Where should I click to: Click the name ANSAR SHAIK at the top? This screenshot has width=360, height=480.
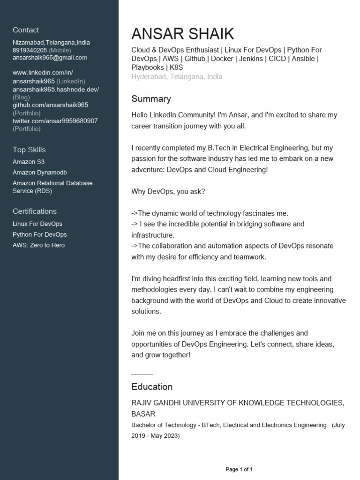182,34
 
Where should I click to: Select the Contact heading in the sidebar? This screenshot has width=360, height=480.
26,30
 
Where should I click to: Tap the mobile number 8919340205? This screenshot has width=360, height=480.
30,50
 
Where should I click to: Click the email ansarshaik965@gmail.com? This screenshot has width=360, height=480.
50,58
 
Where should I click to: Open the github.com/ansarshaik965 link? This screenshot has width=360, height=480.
50,105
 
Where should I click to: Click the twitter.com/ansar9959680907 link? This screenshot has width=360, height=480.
55,121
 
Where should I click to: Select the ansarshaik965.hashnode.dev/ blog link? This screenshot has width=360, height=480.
55,89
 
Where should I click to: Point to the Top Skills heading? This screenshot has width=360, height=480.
29,150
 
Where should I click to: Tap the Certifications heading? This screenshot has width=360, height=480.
34,211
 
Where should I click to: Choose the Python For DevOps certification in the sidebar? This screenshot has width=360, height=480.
39,234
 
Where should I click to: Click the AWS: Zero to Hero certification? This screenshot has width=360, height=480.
38,245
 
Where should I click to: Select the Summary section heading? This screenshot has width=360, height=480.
151,99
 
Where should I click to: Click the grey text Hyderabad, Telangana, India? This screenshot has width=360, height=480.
177,76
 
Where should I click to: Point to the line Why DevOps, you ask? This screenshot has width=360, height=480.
168,192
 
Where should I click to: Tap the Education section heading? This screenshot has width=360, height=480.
152,387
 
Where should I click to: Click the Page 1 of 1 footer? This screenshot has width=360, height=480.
239,469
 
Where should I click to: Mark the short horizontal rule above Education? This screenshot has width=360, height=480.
142,375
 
